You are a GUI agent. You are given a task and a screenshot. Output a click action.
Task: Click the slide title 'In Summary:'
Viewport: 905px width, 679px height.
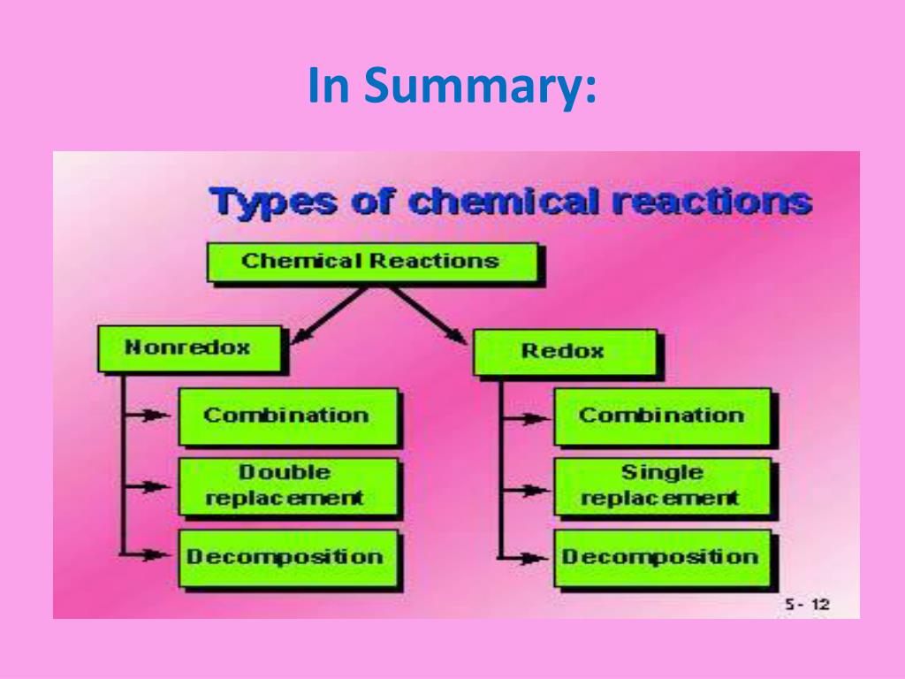click(452, 87)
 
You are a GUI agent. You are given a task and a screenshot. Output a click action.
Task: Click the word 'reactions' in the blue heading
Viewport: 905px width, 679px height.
click(711, 202)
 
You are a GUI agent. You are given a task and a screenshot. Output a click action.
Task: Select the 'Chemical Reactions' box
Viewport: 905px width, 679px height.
click(371, 262)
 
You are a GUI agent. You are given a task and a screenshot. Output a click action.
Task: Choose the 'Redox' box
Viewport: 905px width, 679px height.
click(564, 351)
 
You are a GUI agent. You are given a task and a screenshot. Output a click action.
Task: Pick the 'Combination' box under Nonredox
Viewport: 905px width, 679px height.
click(287, 416)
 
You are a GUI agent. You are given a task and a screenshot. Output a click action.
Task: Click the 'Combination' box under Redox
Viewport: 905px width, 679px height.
click(662, 416)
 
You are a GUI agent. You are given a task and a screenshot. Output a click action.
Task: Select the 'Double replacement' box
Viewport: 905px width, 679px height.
click(287, 485)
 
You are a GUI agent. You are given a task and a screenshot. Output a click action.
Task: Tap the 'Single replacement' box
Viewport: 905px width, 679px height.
click(662, 485)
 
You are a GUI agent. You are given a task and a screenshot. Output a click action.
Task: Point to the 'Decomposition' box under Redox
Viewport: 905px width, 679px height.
click(662, 557)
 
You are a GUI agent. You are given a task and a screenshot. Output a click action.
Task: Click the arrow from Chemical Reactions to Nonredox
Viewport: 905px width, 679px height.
click(328, 314)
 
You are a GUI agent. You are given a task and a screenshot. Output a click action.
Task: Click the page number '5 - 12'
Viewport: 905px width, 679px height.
click(807, 605)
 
